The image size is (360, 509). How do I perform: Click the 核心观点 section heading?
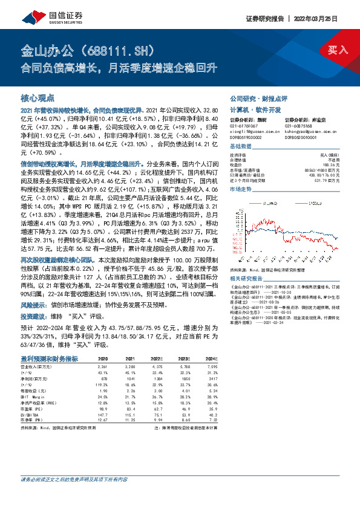tap(38, 97)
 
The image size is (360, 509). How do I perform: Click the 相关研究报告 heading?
tap(248, 261)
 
